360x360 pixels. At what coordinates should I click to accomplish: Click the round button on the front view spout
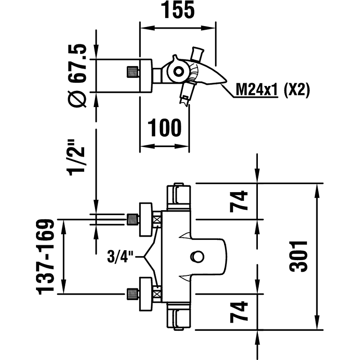click(197, 256)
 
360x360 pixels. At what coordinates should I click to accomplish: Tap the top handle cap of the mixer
click(180, 194)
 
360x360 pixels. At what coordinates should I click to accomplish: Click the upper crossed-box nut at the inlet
click(157, 220)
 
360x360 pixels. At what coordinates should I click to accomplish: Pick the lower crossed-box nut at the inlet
click(157, 294)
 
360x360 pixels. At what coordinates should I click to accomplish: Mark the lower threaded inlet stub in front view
click(132, 294)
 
